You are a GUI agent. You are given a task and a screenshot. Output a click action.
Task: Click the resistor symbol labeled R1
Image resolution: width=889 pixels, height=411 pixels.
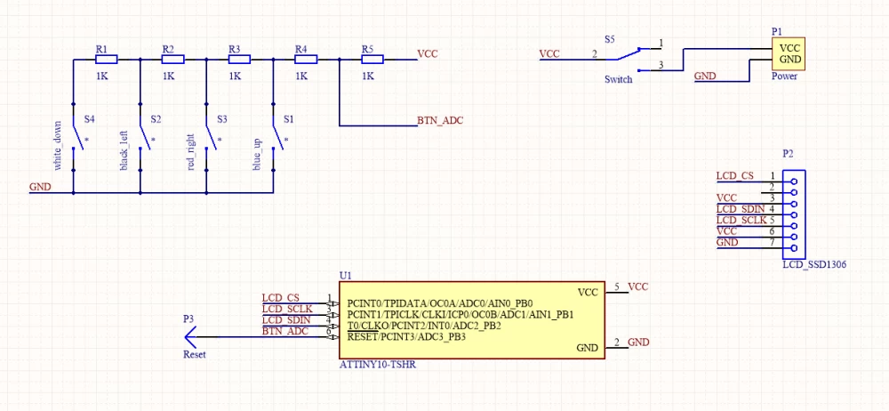[105, 60]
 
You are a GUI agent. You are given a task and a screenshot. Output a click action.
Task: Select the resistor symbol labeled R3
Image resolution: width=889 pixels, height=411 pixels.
[239, 60]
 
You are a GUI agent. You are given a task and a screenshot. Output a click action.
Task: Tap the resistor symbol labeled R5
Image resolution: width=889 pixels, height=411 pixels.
[372, 60]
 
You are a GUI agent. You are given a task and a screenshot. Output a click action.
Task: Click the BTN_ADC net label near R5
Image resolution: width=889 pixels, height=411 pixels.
[440, 119]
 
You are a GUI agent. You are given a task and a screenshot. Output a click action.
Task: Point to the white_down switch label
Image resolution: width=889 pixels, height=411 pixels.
[57, 145]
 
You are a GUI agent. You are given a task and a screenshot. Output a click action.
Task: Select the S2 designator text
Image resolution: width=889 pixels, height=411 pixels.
[156, 118]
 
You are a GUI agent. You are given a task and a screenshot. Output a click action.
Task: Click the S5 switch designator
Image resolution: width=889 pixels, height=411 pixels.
[609, 40]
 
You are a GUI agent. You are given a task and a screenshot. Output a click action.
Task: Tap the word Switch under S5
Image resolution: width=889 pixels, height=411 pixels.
[618, 79]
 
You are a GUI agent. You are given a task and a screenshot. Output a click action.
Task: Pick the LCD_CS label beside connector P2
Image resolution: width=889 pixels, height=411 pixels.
[735, 176]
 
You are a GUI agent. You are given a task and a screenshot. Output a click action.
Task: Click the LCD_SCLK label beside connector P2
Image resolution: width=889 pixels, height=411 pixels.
[741, 220]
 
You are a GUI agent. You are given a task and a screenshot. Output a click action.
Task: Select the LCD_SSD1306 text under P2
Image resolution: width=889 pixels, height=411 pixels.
[813, 264]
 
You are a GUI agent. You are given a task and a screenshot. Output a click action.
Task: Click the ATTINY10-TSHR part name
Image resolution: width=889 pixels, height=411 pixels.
[376, 365]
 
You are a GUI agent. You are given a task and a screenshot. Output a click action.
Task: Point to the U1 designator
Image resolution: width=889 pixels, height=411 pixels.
[345, 276]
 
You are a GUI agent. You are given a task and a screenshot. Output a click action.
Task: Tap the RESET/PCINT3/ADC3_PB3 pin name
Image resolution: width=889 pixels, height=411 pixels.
[406, 337]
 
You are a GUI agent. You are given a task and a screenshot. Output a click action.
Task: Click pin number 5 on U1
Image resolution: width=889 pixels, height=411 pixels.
[617, 286]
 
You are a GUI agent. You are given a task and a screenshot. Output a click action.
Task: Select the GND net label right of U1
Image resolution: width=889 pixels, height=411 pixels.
[638, 342]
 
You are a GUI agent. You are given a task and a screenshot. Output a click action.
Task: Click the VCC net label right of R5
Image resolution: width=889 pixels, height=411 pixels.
[428, 53]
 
